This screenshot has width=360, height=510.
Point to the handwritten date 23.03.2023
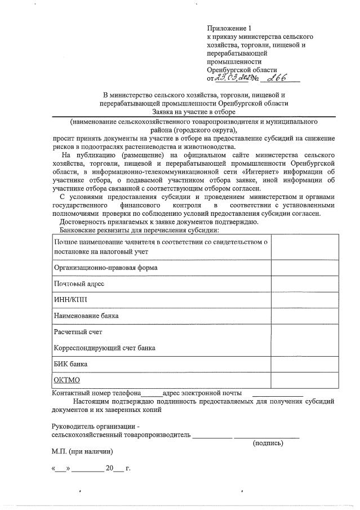point(232,79)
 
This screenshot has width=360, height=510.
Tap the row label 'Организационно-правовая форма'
point(105,267)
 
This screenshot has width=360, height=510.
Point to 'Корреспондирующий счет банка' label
point(104,348)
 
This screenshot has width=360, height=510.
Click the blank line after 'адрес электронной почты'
point(278,393)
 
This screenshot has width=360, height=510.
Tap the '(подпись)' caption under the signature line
point(268,443)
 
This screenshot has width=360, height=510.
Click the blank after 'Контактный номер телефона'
point(151,393)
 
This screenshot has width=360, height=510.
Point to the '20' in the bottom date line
point(110,468)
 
